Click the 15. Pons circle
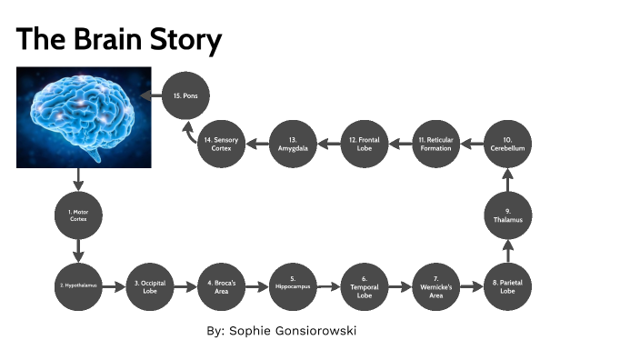point(185,95)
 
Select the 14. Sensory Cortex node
point(221,144)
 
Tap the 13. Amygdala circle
point(293,144)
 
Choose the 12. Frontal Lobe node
point(365,144)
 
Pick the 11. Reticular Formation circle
point(435,144)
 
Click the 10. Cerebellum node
point(507,144)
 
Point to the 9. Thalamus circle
point(507,215)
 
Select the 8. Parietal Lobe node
point(507,286)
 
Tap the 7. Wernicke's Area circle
point(435,286)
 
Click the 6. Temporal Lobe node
point(365,286)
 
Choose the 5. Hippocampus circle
point(293,286)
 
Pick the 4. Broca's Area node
point(221,286)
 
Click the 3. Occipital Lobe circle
point(150,286)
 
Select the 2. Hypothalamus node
point(78,286)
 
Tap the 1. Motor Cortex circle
point(78,215)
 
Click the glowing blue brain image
point(84,116)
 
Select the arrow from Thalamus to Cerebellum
point(507,179)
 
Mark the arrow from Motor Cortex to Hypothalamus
point(78,250)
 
